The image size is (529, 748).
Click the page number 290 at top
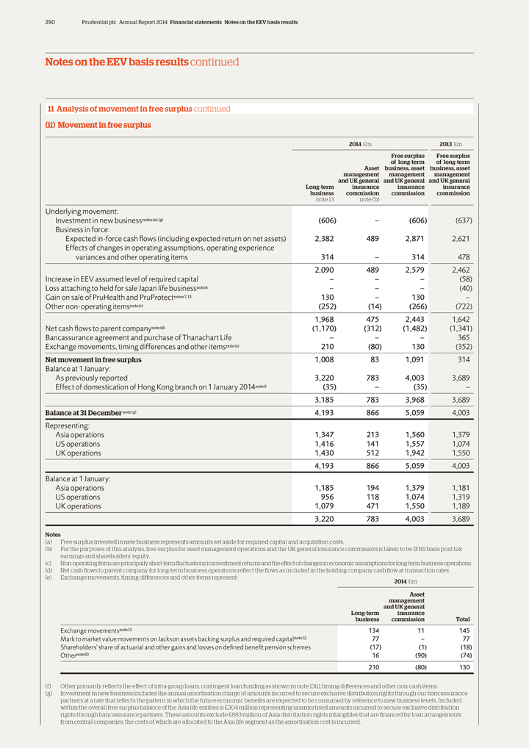[x=51, y=22]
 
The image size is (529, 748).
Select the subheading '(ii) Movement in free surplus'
[x=98, y=125]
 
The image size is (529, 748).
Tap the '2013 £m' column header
[x=450, y=143]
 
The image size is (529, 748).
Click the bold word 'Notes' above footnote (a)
[x=52, y=535]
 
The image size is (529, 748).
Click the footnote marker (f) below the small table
[x=48, y=685]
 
